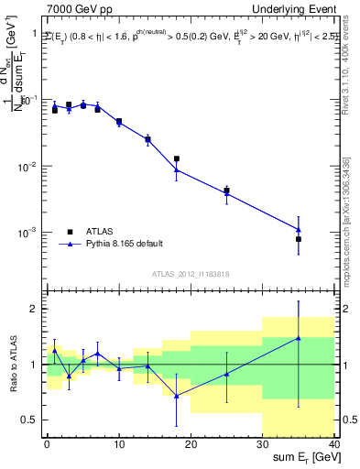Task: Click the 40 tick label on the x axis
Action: (x=334, y=444)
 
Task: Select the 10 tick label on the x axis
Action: (x=118, y=444)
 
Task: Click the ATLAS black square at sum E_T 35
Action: (x=299, y=239)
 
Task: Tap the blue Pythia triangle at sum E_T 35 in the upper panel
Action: (x=299, y=229)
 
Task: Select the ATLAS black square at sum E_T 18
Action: (x=176, y=158)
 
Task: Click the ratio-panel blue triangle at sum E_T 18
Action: (x=176, y=395)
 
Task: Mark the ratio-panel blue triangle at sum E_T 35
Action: (x=299, y=338)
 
